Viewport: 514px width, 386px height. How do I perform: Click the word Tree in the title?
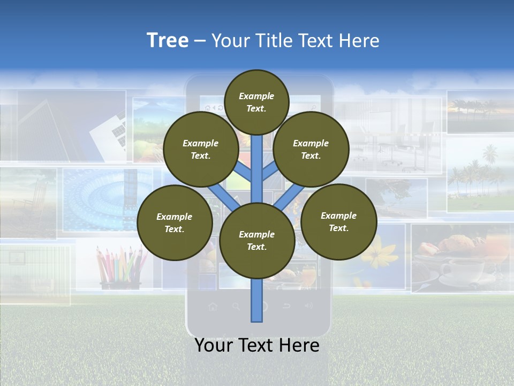168,40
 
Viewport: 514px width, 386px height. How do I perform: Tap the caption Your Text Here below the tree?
257,345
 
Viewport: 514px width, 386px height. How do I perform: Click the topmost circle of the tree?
256,102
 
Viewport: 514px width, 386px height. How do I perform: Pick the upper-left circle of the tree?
200,149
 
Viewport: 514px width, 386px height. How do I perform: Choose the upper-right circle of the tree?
311,149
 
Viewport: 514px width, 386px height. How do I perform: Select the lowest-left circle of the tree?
174,222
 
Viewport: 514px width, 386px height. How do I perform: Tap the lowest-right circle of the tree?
338,221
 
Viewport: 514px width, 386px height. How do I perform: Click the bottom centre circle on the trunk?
256,240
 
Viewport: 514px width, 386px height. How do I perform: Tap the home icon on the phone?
213,307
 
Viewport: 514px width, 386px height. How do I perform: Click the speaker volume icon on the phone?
308,306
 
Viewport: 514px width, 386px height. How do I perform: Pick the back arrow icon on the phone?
286,306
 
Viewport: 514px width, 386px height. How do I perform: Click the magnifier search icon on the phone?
236,307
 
